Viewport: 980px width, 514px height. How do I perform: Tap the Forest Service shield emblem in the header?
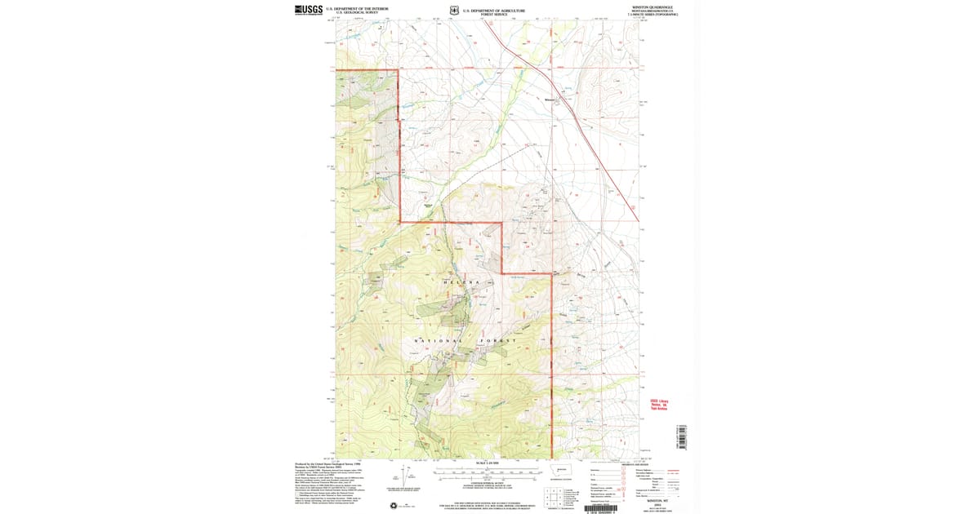coord(453,11)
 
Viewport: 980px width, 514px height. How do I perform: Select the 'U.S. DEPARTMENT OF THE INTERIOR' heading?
coord(357,8)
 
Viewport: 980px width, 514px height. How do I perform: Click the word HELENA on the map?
coord(466,282)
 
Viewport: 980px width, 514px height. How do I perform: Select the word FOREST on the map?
coord(519,339)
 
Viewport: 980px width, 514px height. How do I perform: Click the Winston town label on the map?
coord(550,100)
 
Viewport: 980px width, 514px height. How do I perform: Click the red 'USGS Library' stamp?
coord(658,405)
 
